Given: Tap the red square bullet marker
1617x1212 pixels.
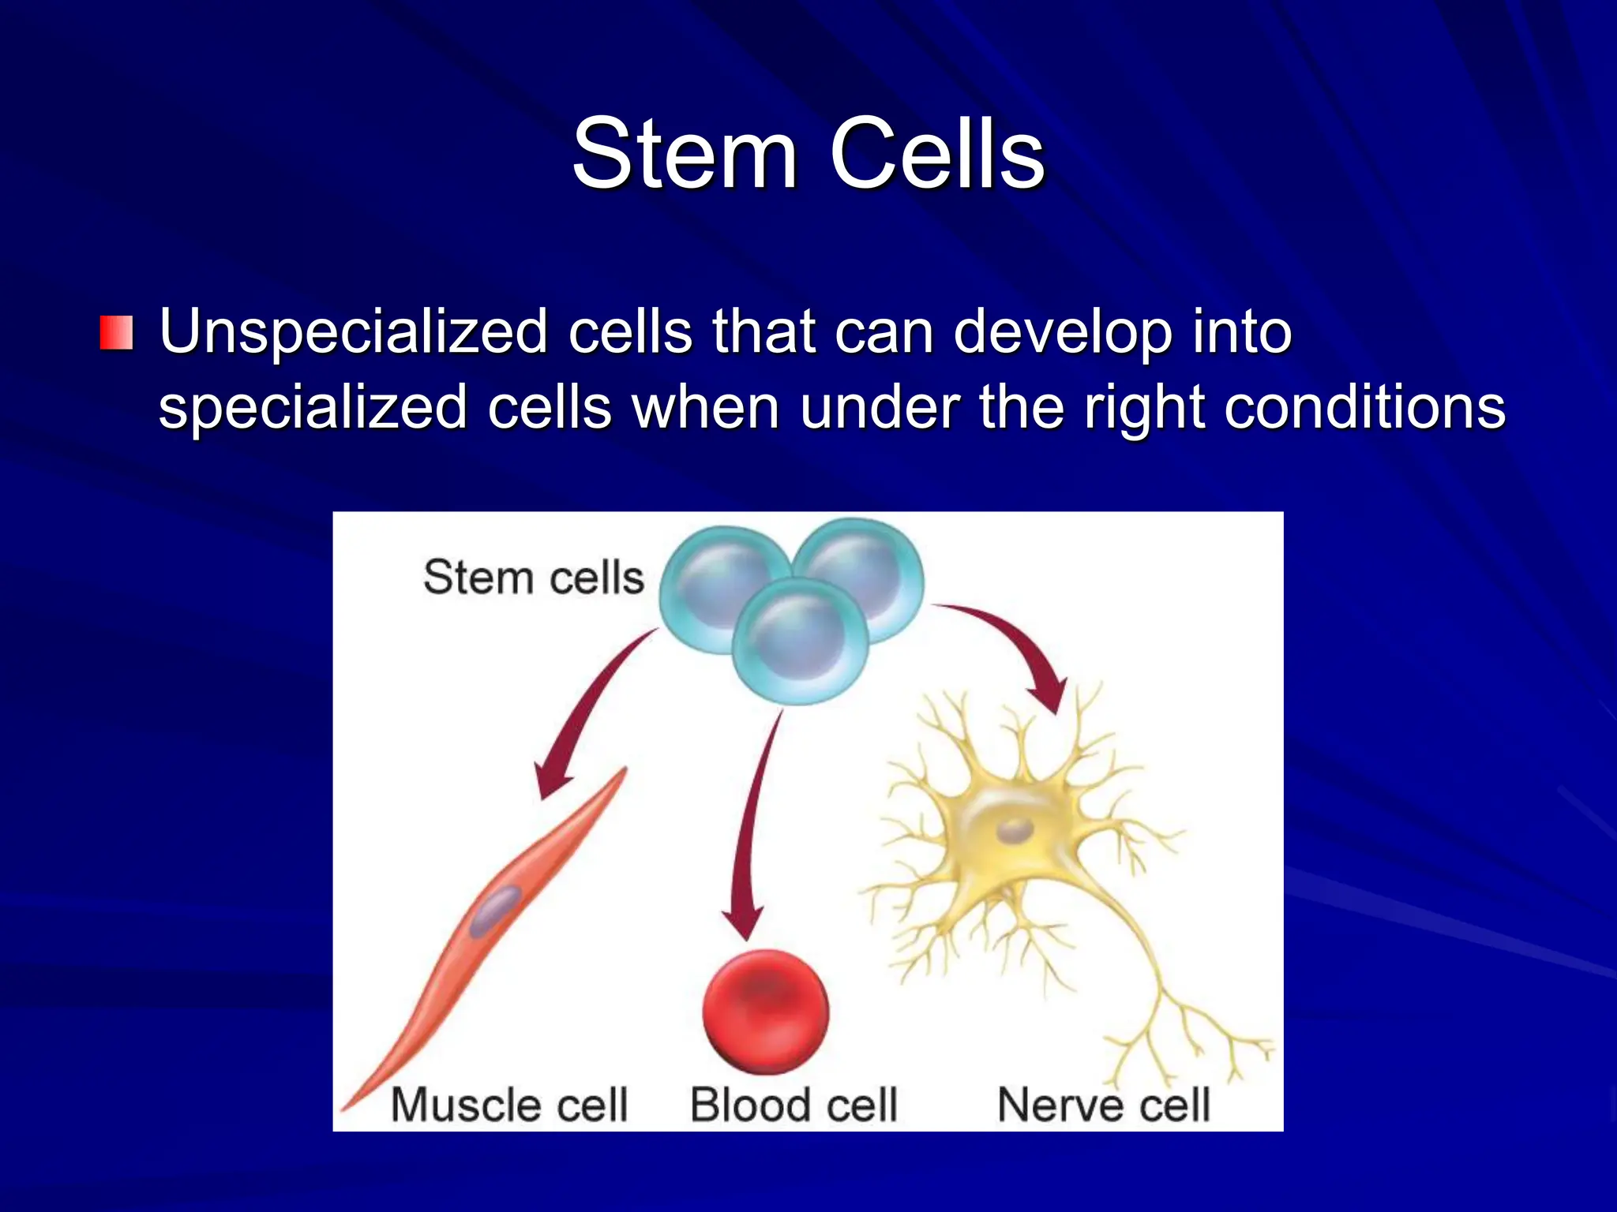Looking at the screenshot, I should pyautogui.click(x=116, y=332).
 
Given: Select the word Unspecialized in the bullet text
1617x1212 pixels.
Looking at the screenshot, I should pyautogui.click(x=353, y=332).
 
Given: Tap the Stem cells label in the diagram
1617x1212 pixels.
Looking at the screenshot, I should pyautogui.click(x=534, y=577).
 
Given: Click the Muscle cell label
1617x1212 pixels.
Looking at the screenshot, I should pyautogui.click(x=509, y=1104).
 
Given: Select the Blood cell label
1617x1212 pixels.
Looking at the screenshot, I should pyautogui.click(x=793, y=1104).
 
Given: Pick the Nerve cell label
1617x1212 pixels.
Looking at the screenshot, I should pyautogui.click(x=1103, y=1104).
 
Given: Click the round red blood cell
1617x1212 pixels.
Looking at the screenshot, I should pyautogui.click(x=765, y=1011).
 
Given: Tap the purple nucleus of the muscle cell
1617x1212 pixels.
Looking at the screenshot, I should pyautogui.click(x=495, y=910).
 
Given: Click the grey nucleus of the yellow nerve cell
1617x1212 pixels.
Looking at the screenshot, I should pyautogui.click(x=1014, y=830).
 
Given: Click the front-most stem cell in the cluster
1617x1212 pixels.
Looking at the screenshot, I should pyautogui.click(x=800, y=640).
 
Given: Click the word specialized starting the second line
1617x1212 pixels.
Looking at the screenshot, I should pyautogui.click(x=313, y=408).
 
